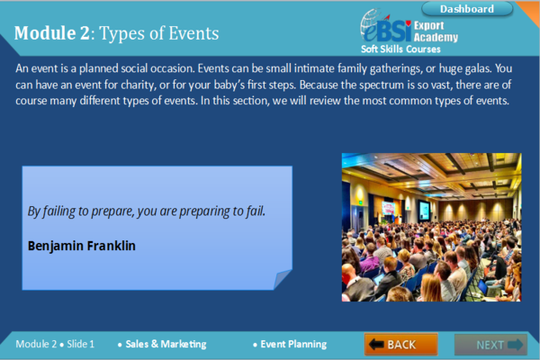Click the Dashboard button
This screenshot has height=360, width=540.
[467, 9]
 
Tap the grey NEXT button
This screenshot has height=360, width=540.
[490, 344]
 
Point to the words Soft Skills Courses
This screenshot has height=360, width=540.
[400, 49]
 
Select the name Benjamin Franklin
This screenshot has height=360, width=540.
[82, 246]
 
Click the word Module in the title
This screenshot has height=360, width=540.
[45, 33]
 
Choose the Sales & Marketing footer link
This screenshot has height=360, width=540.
[166, 344]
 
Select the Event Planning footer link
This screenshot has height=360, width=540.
[293, 344]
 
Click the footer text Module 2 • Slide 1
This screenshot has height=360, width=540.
[55, 344]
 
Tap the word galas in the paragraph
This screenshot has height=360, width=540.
[479, 68]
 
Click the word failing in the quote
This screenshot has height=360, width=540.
[58, 211]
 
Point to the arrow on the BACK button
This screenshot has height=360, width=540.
[376, 344]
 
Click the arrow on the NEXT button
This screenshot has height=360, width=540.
[515, 345]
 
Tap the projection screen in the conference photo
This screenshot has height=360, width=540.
[424, 210]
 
